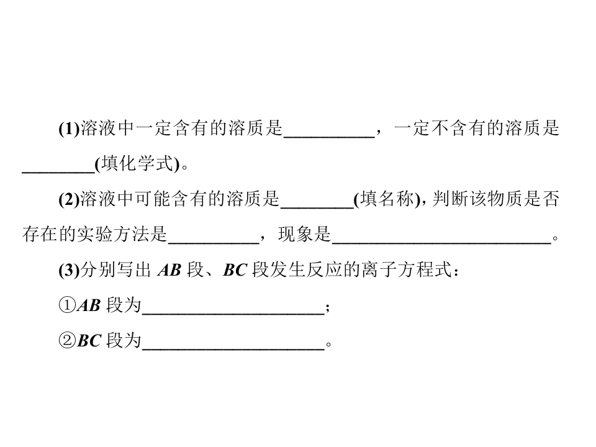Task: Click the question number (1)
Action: (69, 129)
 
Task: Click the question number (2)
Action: (69, 199)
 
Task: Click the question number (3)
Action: (69, 270)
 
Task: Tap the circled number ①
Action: (67, 305)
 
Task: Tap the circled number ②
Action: (67, 341)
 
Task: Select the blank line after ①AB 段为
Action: (233, 314)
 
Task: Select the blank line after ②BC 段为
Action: (233, 349)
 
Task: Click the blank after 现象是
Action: (441, 243)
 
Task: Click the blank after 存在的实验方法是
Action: (214, 243)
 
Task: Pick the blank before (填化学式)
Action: (58, 172)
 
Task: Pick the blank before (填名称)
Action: (317, 207)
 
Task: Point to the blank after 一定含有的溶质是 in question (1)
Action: (329, 137)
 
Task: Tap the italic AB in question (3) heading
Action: (169, 270)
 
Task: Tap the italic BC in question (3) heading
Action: (235, 270)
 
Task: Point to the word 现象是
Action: (304, 235)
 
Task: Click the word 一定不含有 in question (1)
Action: (440, 129)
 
